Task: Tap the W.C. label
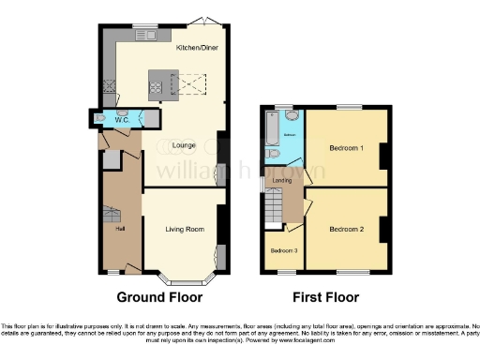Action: pyautogui.click(x=122, y=120)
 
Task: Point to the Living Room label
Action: pyautogui.click(x=185, y=229)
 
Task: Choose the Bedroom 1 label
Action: pyautogui.click(x=347, y=148)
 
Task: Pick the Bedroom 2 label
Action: pyautogui.click(x=347, y=228)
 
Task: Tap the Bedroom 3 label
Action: pyautogui.click(x=284, y=250)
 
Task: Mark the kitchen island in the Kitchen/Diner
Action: pyautogui.click(x=157, y=86)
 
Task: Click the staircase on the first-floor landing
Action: pyautogui.click(x=273, y=204)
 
